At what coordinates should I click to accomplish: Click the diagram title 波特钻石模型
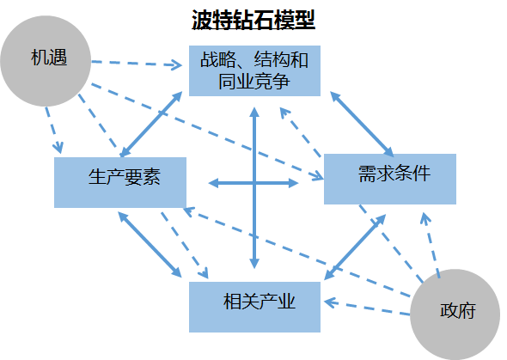(x=253, y=20)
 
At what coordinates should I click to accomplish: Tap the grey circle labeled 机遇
(x=46, y=61)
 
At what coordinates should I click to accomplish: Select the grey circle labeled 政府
(x=455, y=314)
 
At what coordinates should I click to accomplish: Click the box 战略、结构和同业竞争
(x=255, y=70)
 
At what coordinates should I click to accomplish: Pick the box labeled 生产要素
(x=120, y=183)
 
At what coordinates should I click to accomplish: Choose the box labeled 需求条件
(x=390, y=179)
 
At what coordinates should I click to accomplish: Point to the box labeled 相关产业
(x=255, y=307)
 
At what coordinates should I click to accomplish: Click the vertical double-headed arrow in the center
(x=255, y=188)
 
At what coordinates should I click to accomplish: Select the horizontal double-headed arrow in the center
(x=253, y=183)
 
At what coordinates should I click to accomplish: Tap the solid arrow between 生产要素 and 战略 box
(x=151, y=124)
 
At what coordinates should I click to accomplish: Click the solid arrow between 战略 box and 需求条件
(x=362, y=125)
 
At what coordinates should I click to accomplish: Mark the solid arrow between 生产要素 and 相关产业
(x=150, y=244)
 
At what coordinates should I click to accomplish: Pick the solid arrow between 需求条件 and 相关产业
(x=355, y=247)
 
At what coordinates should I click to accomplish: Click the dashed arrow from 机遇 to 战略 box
(x=137, y=64)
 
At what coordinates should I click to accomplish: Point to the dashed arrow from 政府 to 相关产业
(x=367, y=308)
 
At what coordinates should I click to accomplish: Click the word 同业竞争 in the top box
(x=253, y=82)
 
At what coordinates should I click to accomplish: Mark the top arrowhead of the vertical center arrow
(x=255, y=112)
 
